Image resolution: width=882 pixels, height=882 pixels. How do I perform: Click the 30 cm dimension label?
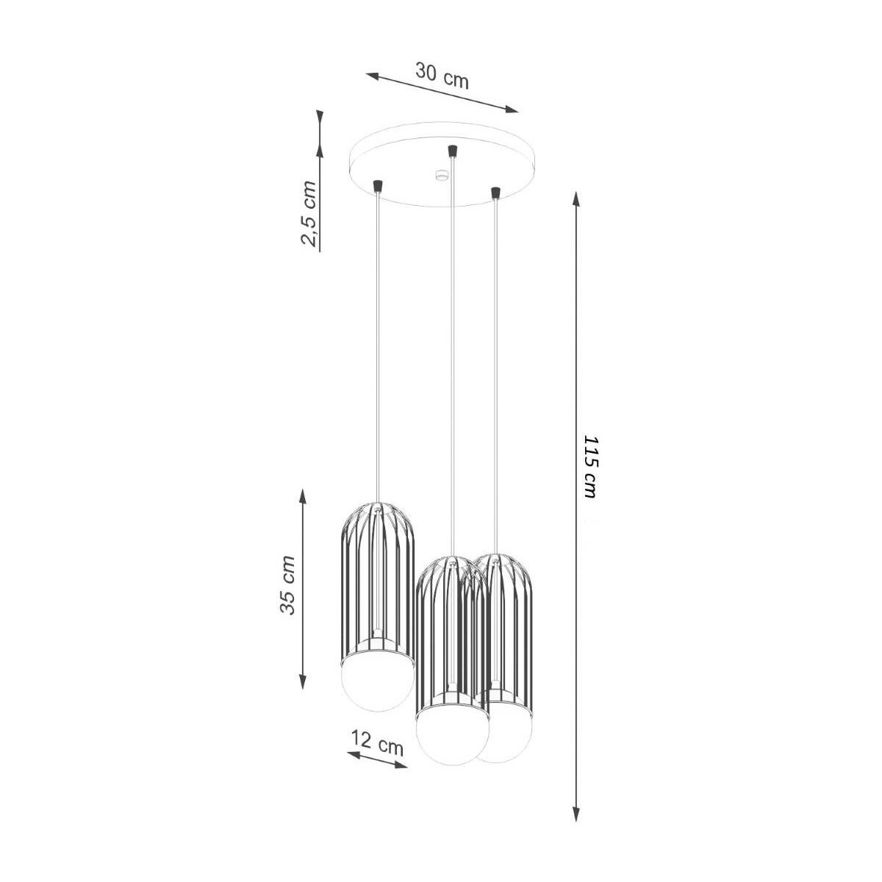point(442,77)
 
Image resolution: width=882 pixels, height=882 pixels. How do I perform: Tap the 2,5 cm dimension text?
point(308,214)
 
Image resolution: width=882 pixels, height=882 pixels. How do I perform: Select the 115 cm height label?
point(590,467)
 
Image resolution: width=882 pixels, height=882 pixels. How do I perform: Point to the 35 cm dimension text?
point(288,584)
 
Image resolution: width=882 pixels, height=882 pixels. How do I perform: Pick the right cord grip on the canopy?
point(495,193)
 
